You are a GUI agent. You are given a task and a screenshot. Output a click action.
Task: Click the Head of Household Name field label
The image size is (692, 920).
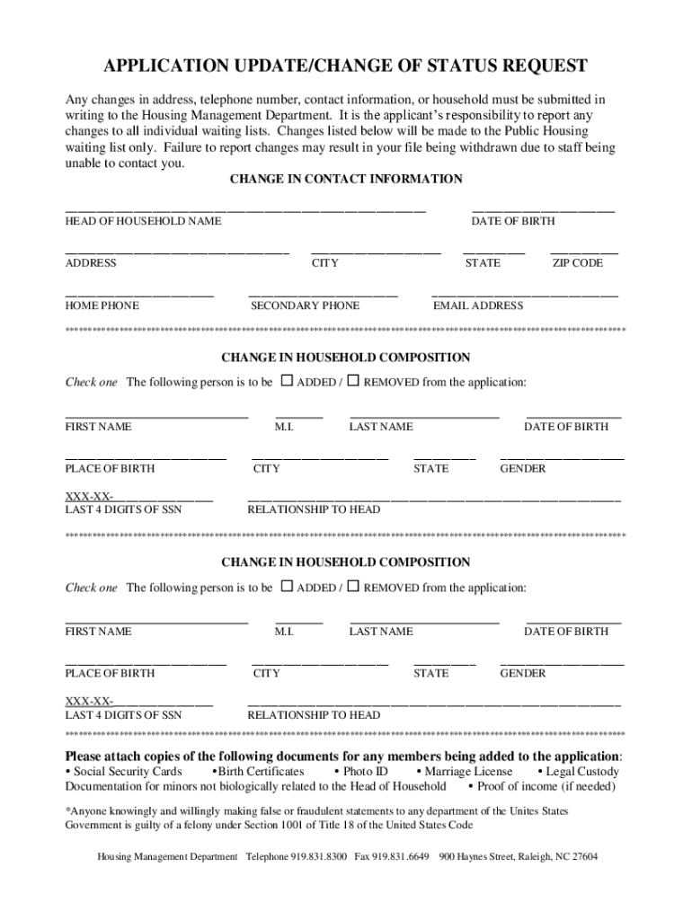pos(143,221)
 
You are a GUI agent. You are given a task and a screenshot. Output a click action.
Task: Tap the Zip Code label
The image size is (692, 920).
pos(577,263)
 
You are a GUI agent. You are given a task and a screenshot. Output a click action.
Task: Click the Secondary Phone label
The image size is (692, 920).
pos(305,305)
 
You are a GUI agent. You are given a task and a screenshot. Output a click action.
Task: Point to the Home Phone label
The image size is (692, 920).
pos(102,305)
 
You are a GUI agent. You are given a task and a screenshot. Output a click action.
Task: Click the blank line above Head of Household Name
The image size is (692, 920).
pos(244,208)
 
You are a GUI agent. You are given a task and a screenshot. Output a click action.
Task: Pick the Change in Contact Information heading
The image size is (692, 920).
pos(346,179)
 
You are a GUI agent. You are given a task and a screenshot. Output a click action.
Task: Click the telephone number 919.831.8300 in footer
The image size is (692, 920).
pos(319,856)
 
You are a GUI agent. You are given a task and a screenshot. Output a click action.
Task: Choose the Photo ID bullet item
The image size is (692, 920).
pos(365,772)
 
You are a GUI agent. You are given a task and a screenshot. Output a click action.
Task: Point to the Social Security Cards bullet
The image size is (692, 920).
pos(127,772)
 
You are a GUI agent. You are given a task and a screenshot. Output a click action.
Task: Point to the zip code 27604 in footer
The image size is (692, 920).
pos(584,856)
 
